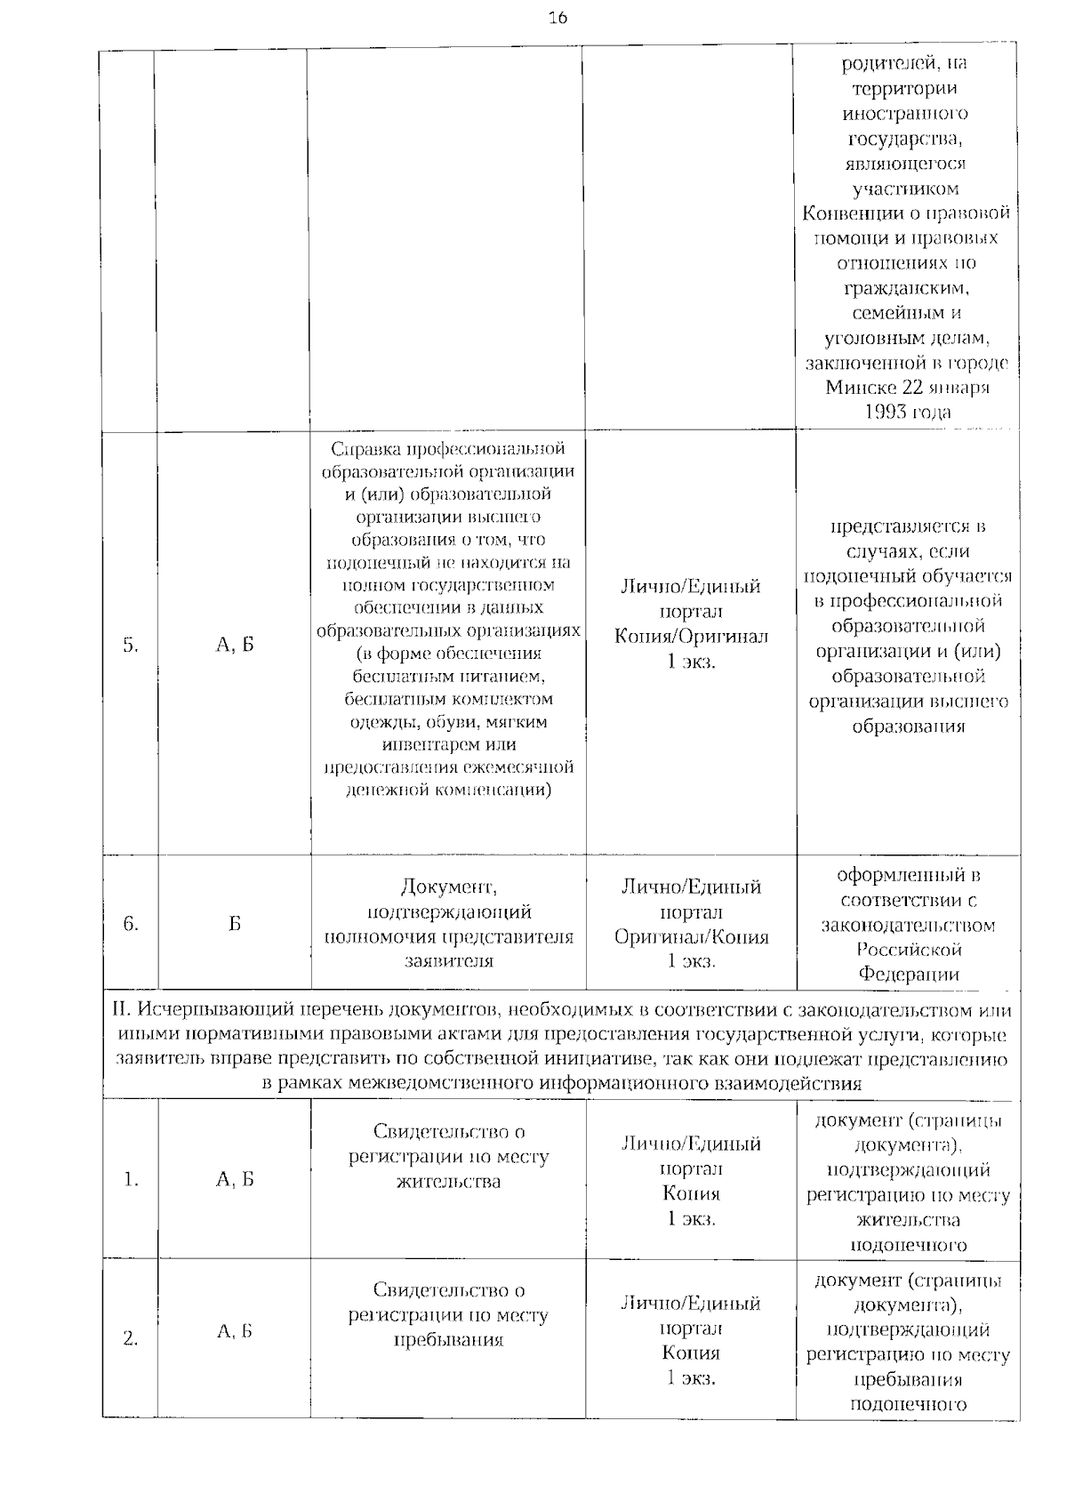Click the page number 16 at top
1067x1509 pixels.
point(558,18)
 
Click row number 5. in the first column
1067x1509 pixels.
point(131,646)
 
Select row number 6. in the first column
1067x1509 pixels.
point(131,924)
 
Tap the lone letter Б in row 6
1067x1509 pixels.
point(235,924)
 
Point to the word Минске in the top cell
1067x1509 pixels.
point(858,388)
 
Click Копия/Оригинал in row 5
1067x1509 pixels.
point(691,637)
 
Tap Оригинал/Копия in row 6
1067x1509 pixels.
point(691,936)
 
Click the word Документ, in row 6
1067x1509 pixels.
point(448,887)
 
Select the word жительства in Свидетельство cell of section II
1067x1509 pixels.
point(448,1182)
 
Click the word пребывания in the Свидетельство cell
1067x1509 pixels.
point(448,1340)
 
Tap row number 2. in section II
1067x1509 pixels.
point(131,1338)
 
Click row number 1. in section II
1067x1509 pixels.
point(131,1180)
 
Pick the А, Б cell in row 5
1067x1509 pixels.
point(235,646)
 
